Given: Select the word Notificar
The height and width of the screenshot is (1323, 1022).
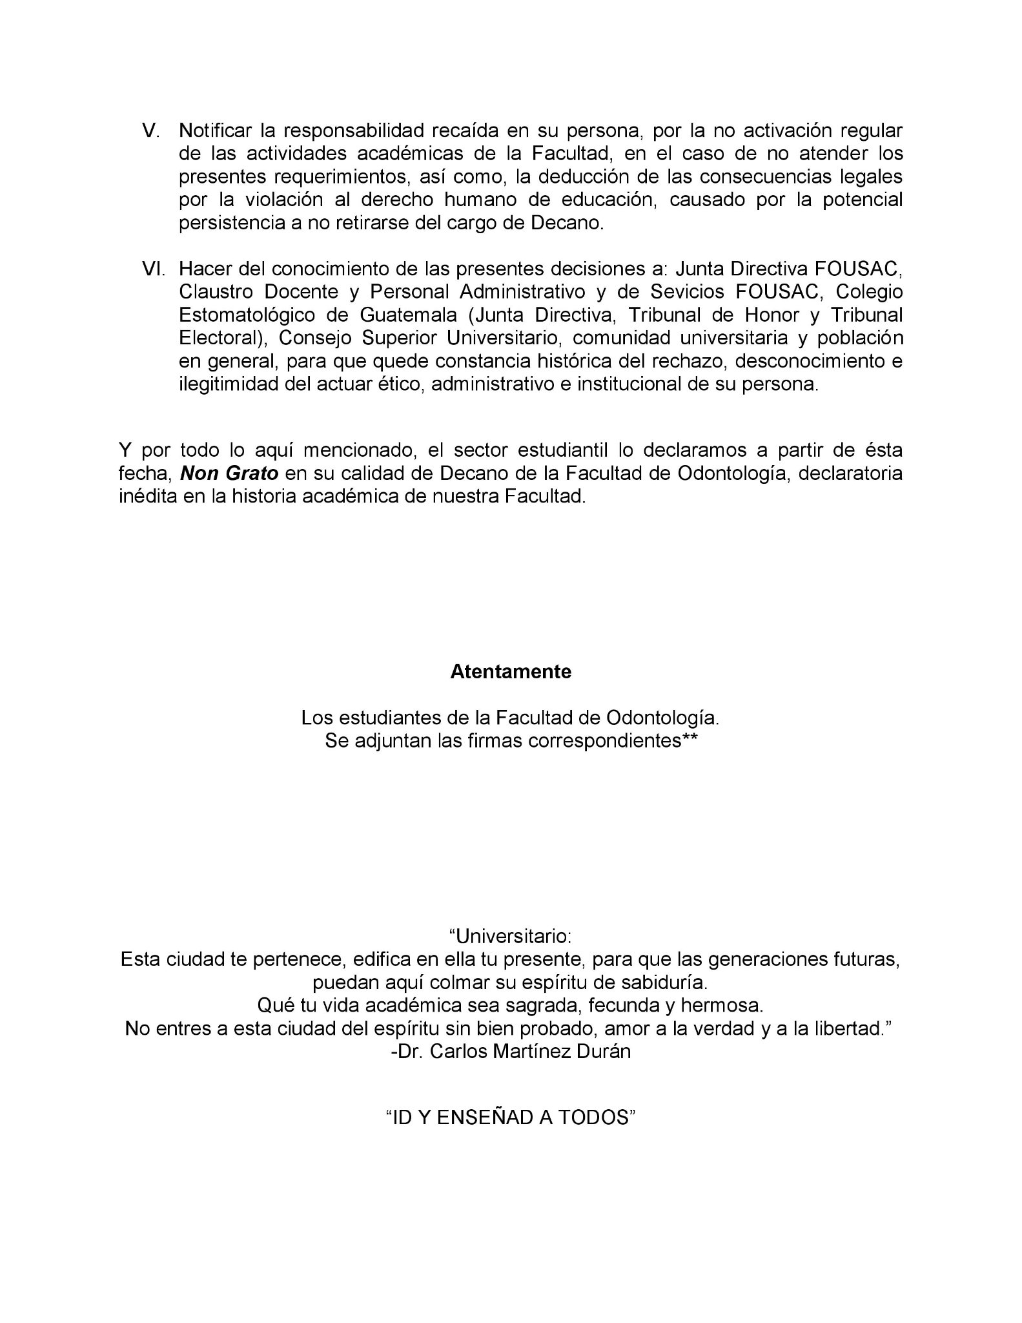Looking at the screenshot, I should coord(216,131).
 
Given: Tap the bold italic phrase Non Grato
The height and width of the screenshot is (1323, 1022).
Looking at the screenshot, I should coord(229,474).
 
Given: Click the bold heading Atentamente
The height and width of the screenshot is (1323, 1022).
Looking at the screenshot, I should coord(511,672).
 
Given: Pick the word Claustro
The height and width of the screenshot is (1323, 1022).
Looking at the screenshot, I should coord(218,291).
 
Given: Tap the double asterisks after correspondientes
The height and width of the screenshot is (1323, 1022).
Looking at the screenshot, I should coord(689,741).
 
